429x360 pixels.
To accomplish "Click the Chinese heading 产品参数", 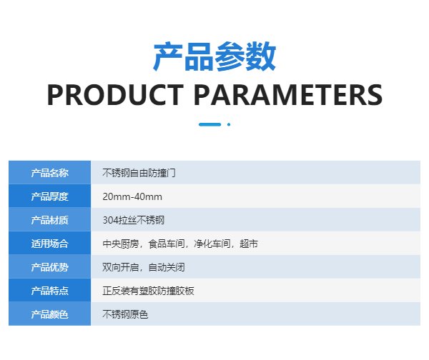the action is click(x=214, y=56).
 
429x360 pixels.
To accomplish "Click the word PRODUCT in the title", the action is click(x=115, y=94).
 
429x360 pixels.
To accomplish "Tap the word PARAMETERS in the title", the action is click(x=288, y=94).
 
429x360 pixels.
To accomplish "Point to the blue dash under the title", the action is click(x=209, y=124).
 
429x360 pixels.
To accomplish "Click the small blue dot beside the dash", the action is click(x=229, y=124).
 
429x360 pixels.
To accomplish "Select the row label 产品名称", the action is click(x=49, y=173).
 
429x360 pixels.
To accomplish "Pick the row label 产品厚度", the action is click(x=49, y=196).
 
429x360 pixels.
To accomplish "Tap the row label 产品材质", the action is click(x=49, y=220).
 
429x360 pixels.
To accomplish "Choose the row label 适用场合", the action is click(x=49, y=244).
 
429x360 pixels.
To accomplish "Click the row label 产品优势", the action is click(x=49, y=267).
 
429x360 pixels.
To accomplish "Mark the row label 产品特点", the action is click(x=49, y=291).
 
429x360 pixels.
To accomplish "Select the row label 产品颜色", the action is click(x=49, y=314).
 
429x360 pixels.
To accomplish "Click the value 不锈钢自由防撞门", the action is click(x=139, y=173).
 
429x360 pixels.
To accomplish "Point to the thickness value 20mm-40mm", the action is click(x=132, y=196).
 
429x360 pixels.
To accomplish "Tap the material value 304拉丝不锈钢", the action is click(x=133, y=220).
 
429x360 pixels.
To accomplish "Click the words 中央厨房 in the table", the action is click(x=121, y=244).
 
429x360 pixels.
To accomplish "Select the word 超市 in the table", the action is click(x=249, y=244).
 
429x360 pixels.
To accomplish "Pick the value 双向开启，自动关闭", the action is click(x=144, y=267).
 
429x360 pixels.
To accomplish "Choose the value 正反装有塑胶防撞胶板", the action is click(x=148, y=291).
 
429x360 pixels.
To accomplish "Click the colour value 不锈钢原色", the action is click(x=125, y=314).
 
